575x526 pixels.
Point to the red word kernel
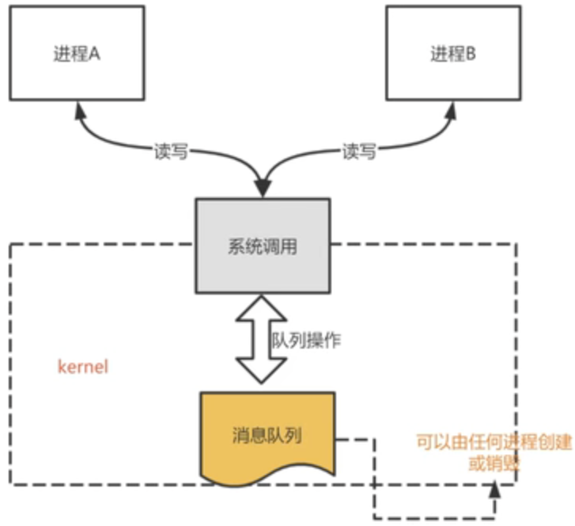click(x=83, y=368)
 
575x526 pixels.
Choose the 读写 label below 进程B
click(x=358, y=152)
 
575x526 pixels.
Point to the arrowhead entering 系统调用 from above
click(x=262, y=188)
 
